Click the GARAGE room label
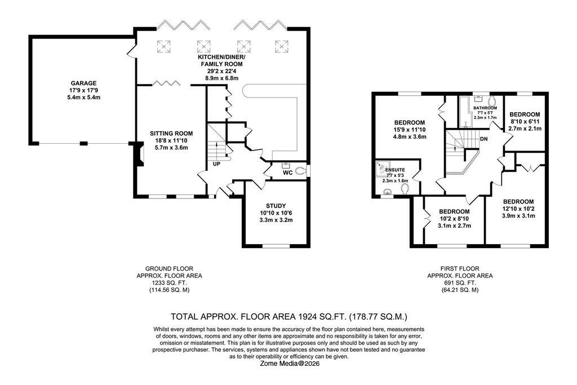(83, 83)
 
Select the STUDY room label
(275, 206)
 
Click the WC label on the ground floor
(287, 172)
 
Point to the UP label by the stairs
(216, 165)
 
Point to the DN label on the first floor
(483, 139)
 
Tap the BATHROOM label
(485, 107)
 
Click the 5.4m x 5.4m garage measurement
(83, 98)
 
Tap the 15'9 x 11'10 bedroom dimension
(410, 130)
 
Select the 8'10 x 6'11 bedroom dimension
(525, 121)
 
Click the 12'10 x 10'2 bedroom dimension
(518, 209)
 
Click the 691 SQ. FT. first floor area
(460, 283)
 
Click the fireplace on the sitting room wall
(136, 154)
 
